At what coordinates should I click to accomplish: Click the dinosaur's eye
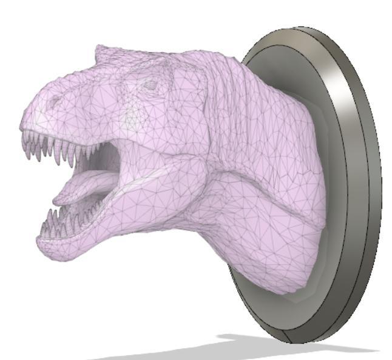pyautogui.click(x=149, y=85)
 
